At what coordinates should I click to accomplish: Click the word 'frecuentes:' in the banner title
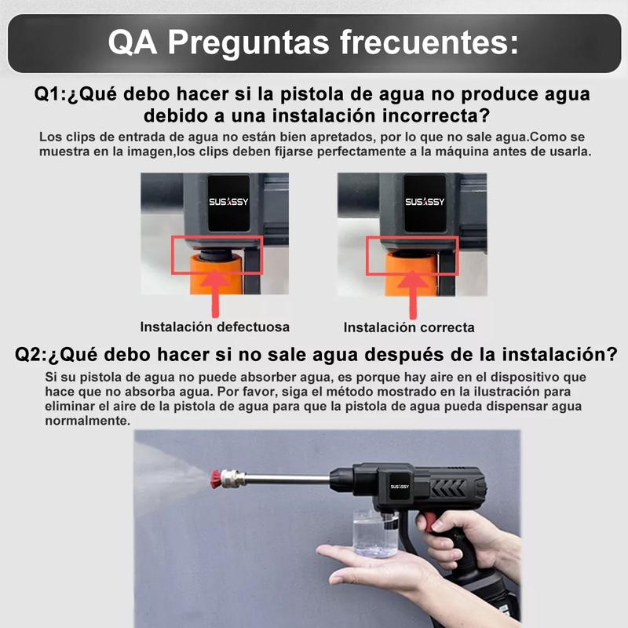pos(429,42)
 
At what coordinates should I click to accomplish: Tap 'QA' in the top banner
pos(132,42)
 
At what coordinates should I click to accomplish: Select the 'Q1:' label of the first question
pos(50,94)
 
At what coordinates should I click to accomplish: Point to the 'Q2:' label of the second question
pos(31,355)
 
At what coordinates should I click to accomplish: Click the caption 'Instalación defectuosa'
pos(214,327)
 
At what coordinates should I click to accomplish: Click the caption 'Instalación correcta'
pos(409,327)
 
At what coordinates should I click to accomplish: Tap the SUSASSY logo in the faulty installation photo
pos(228,202)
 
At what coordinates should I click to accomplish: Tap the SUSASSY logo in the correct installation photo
pos(425,202)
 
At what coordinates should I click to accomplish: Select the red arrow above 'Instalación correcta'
pos(413,295)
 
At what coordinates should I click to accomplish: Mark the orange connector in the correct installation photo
pos(411,274)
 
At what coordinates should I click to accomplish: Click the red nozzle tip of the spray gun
pos(217,479)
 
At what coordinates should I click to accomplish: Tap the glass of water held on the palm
pos(375,533)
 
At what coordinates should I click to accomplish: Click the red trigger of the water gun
pos(429,522)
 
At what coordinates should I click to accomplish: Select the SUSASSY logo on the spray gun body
pos(400,486)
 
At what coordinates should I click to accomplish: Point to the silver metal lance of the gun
pos(287,479)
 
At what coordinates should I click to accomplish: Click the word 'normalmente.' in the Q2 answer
pos(87,421)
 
